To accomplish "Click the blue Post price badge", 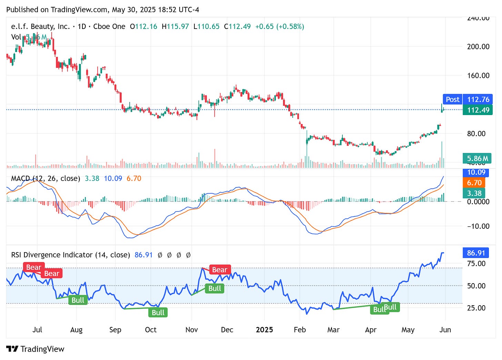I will tap(452, 100).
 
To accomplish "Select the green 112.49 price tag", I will tap(478, 110).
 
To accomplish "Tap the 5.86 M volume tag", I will tap(478, 158).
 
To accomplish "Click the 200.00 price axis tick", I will tap(478, 47).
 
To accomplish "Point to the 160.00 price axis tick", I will tap(478, 75).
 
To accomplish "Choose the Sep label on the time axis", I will tap(115, 330).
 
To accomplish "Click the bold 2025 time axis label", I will tap(264, 330).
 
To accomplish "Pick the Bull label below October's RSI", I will tap(158, 312).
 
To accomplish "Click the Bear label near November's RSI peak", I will tap(220, 270).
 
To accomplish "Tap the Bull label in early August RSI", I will tap(78, 300).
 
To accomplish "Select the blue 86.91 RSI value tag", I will tap(476, 253).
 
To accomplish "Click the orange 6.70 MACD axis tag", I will tap(474, 183).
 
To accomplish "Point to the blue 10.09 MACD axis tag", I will tap(476, 172).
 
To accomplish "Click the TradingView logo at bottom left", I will tap(35, 349).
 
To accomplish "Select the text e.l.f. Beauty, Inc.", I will tap(40, 27).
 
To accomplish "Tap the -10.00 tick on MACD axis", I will tap(478, 226).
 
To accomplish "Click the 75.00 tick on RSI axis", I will tap(476, 264).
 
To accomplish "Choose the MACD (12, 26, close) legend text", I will tap(46, 178).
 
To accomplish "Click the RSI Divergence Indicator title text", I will tap(70, 255).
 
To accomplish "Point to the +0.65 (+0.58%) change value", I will tap(279, 27).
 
